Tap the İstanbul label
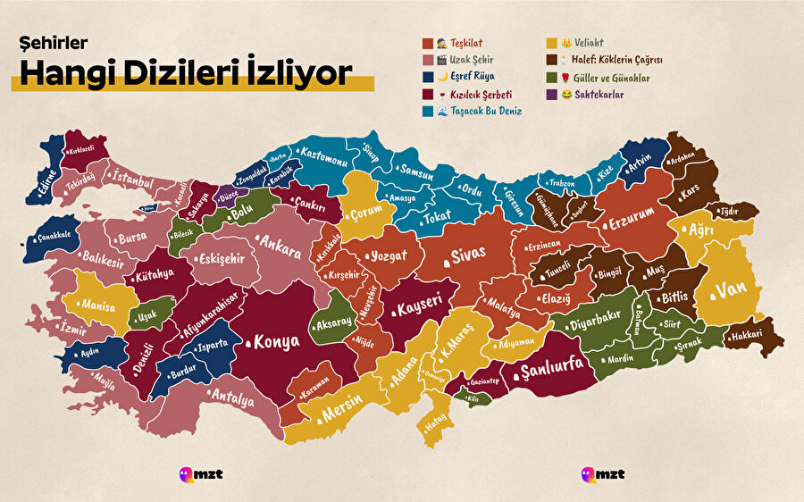[133, 178]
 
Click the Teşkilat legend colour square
[428, 43]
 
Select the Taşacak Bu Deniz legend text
[486, 111]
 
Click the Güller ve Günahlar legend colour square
[552, 77]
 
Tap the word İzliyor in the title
[290, 74]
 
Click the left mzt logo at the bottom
[198, 473]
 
